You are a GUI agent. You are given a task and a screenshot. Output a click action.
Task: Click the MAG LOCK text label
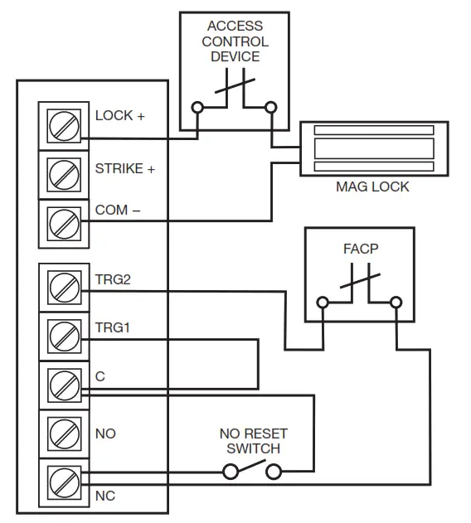pos(371,186)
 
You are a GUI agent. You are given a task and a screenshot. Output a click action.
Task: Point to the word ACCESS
pos(235,27)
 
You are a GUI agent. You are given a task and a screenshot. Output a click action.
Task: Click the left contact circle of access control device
pos(197,107)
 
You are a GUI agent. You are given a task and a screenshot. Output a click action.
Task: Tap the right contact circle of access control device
pos(270,107)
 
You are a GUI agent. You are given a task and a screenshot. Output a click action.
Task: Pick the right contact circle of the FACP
pos(397,303)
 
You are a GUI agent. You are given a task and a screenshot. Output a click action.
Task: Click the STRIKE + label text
pos(125,169)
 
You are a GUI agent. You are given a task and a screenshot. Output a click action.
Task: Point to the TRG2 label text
pos(113,280)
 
